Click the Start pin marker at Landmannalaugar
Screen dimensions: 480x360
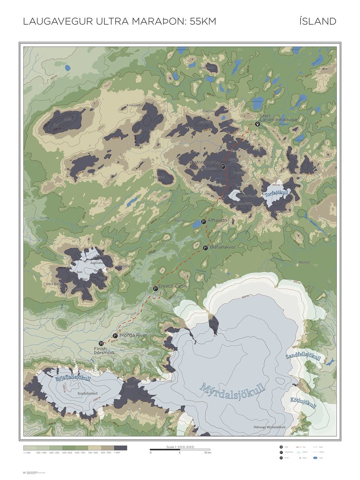click(258, 124)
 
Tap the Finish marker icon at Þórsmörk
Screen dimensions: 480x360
click(101, 343)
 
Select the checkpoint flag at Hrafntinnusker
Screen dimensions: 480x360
click(223, 166)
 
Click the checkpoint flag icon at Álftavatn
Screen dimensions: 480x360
click(204, 222)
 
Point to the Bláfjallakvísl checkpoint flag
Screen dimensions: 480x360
click(206, 248)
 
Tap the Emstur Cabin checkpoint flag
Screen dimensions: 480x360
click(155, 288)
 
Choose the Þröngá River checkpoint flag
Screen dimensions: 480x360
click(115, 336)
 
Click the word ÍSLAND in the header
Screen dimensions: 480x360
click(317, 22)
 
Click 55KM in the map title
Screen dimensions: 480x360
click(203, 22)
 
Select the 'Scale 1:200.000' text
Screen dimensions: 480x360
click(180, 447)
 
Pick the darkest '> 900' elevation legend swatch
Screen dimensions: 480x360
click(121, 448)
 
